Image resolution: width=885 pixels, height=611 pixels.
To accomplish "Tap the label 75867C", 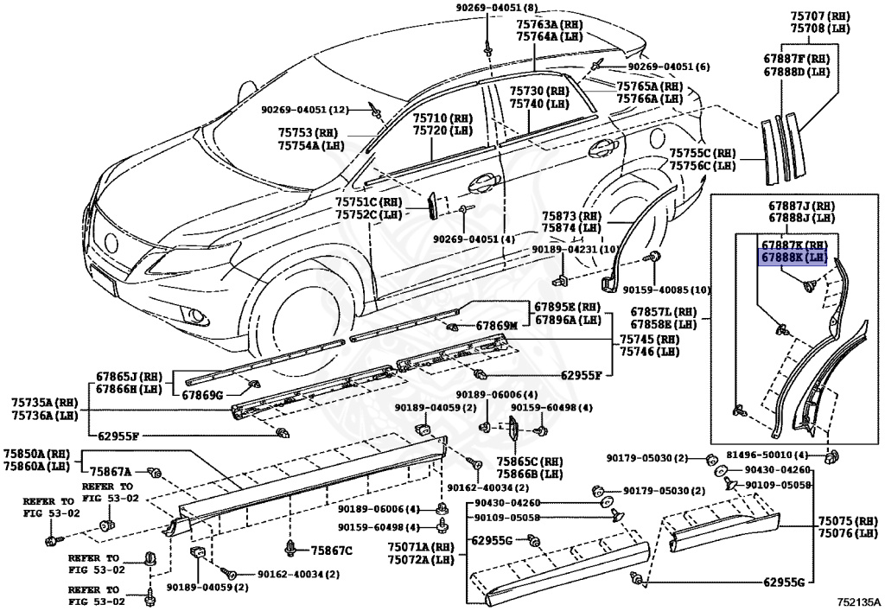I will pos(332,550).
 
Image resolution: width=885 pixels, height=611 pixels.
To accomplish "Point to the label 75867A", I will pos(111,471).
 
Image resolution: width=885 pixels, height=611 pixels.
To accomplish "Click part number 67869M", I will pos(496,326).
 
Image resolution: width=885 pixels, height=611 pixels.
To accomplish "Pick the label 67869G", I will pos(202,395).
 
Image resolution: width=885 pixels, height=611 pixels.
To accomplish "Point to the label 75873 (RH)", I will pos(570,215).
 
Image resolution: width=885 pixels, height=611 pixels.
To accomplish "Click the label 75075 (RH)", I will pos(848,521).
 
